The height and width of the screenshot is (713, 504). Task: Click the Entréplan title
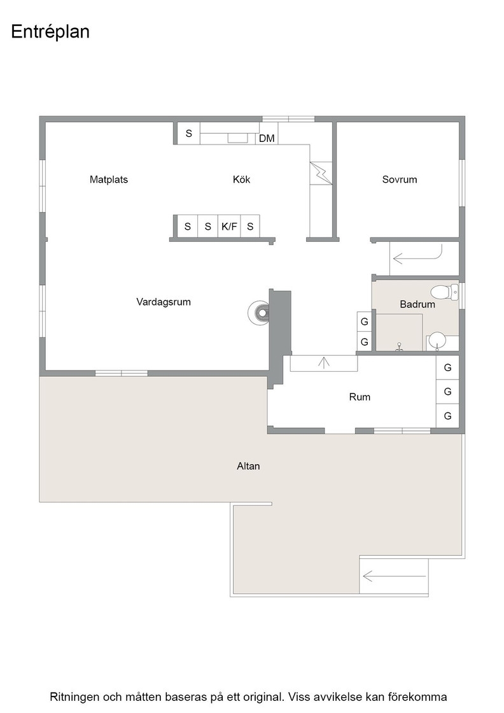[x=50, y=32]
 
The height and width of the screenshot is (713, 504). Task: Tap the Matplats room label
[x=109, y=180]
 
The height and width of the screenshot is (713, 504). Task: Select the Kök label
[x=241, y=180]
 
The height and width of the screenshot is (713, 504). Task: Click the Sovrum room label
[x=400, y=180]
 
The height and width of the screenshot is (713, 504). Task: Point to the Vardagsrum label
[x=164, y=302]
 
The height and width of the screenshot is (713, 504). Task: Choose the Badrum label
[x=417, y=304]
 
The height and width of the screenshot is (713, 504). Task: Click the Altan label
[x=248, y=466]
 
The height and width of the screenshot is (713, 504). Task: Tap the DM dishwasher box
[x=267, y=138]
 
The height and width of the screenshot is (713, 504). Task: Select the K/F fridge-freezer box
[x=229, y=227]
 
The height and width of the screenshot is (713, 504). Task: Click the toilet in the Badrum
[x=445, y=292]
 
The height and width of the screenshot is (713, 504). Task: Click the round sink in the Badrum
[x=437, y=340]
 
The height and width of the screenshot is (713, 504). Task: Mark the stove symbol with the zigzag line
[x=321, y=173]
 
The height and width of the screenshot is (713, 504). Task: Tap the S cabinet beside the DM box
[x=188, y=134]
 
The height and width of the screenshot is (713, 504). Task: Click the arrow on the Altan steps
[x=394, y=577]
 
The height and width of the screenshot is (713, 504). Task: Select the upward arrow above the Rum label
[x=323, y=362]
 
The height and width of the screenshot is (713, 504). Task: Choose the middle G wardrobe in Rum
[x=447, y=392]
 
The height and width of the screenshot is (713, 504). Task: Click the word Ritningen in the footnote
[x=74, y=697]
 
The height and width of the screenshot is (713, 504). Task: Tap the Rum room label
[x=360, y=397]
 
